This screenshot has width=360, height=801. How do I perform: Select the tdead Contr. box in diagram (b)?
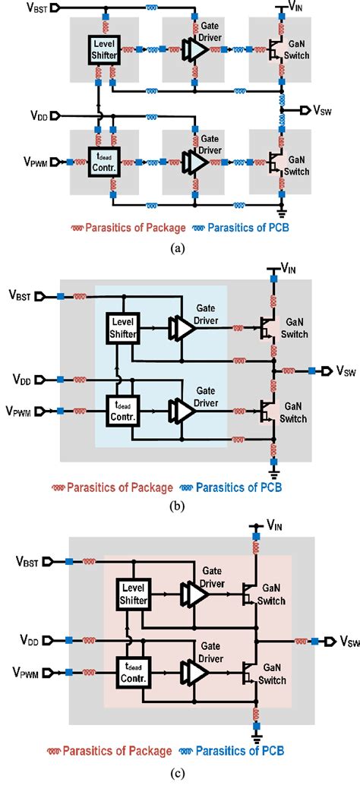(x=125, y=407)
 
